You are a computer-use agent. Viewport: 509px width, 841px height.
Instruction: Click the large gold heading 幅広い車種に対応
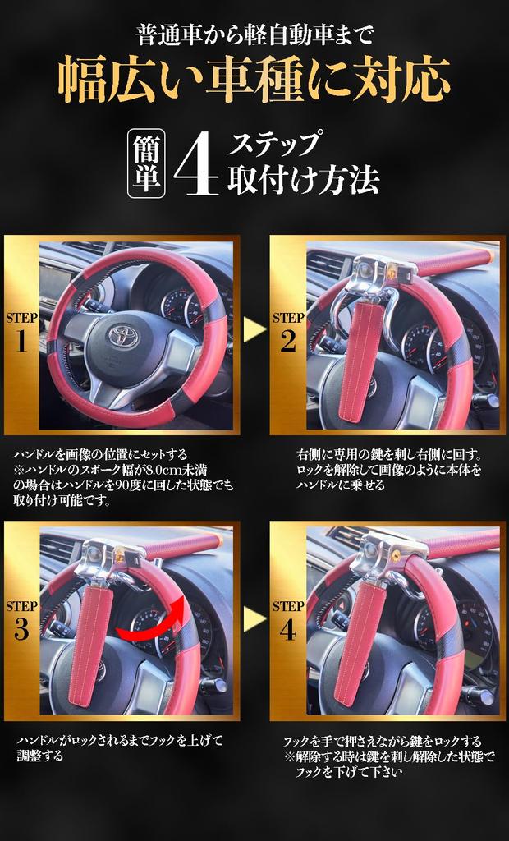tap(254, 80)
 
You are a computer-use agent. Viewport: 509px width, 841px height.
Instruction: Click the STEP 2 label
tap(288, 333)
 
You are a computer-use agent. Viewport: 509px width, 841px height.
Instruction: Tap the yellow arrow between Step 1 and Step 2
tap(254, 330)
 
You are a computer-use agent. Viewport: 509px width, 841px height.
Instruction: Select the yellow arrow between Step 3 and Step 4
tap(254, 618)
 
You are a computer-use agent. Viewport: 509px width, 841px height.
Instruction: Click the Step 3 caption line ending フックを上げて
tap(119, 742)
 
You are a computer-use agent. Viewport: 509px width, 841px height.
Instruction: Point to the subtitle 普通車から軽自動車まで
tap(254, 35)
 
